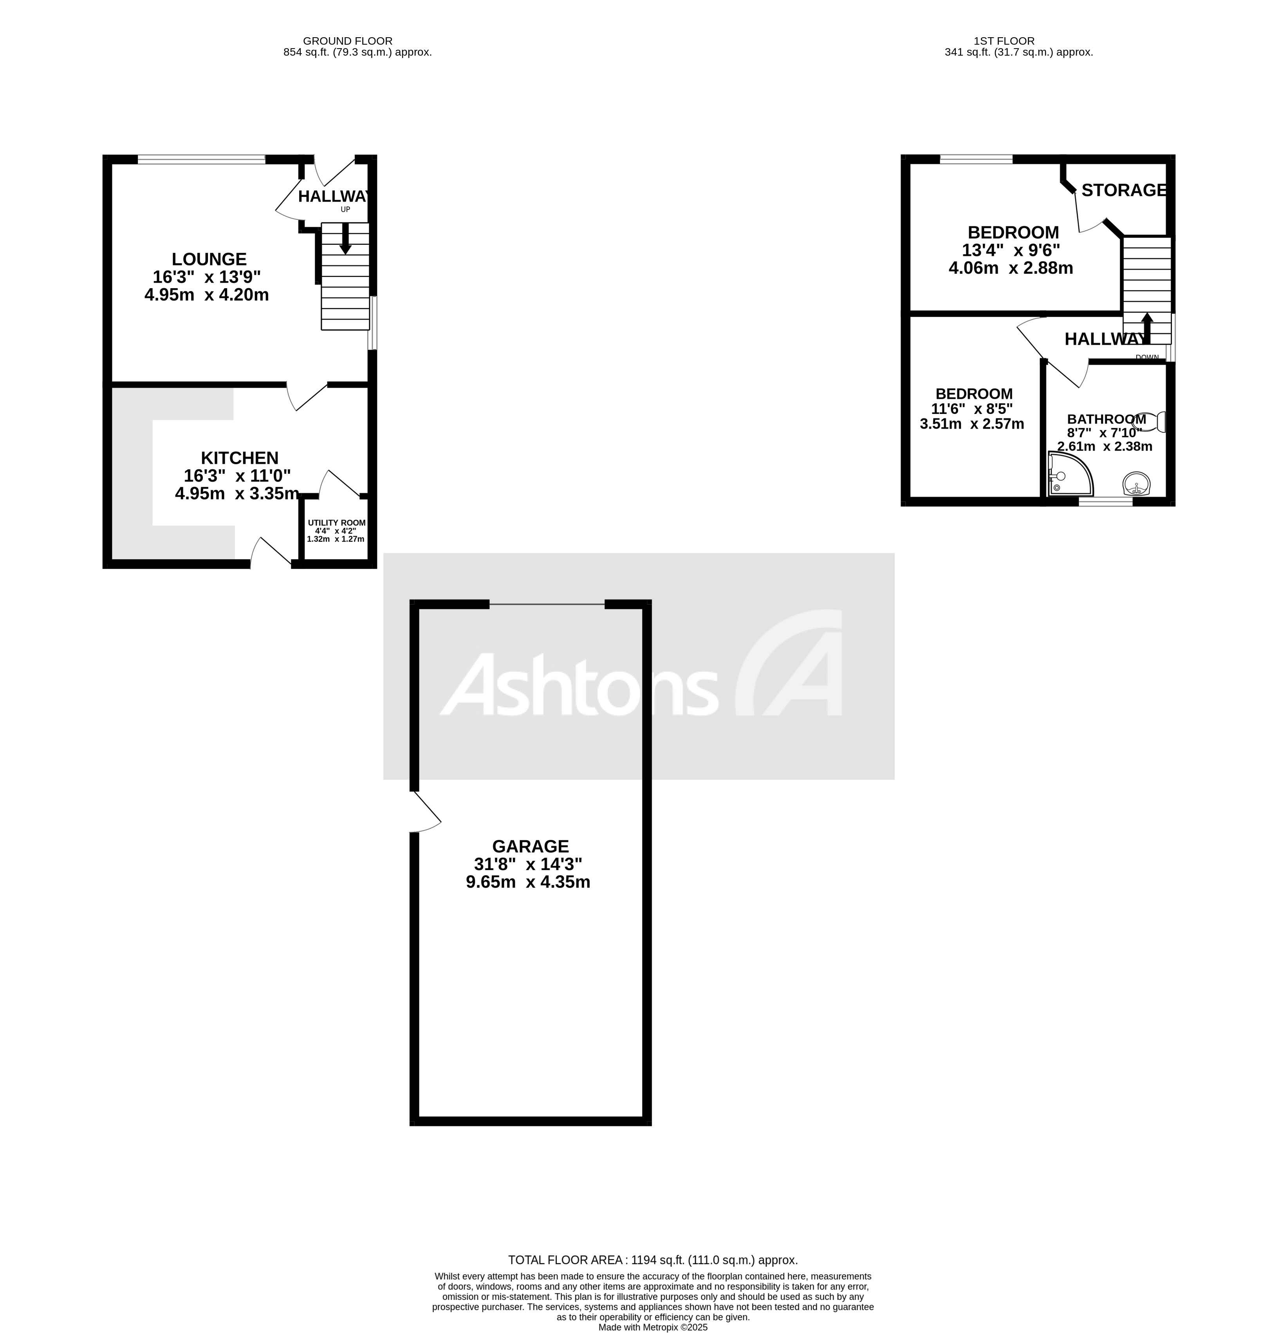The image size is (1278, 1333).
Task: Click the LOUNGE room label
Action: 209,259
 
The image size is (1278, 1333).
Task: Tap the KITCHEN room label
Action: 239,458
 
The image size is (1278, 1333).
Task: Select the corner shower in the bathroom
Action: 1069,475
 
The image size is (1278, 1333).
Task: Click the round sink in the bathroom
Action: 1136,485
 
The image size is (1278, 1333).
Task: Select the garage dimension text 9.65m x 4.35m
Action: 528,882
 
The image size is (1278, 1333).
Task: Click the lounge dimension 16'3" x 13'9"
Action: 207,277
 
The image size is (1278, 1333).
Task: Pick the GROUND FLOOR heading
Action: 348,41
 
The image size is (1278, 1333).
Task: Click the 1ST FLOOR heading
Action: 1004,41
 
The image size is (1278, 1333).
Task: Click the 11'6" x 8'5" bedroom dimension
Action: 972,409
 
